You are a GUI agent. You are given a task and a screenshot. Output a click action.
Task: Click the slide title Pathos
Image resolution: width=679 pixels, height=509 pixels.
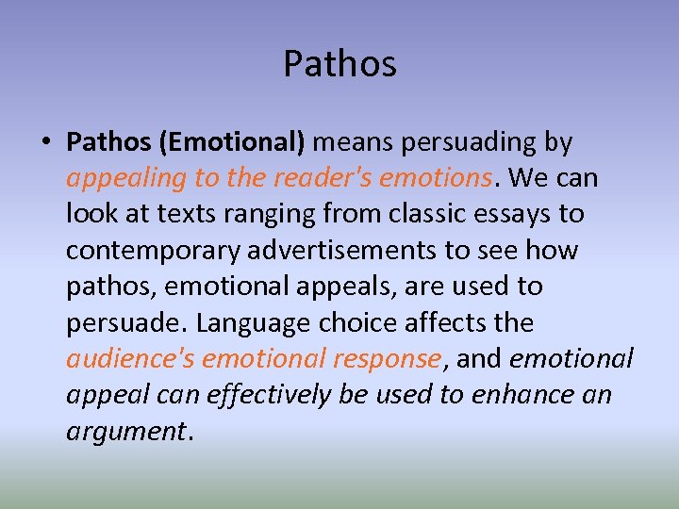tap(339, 64)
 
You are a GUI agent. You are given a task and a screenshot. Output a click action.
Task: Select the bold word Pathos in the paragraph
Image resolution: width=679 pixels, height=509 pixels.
tap(108, 142)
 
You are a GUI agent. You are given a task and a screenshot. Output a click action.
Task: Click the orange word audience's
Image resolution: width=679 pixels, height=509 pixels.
tap(130, 359)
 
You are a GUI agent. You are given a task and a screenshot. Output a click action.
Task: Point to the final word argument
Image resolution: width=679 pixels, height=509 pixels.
tap(126, 432)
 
